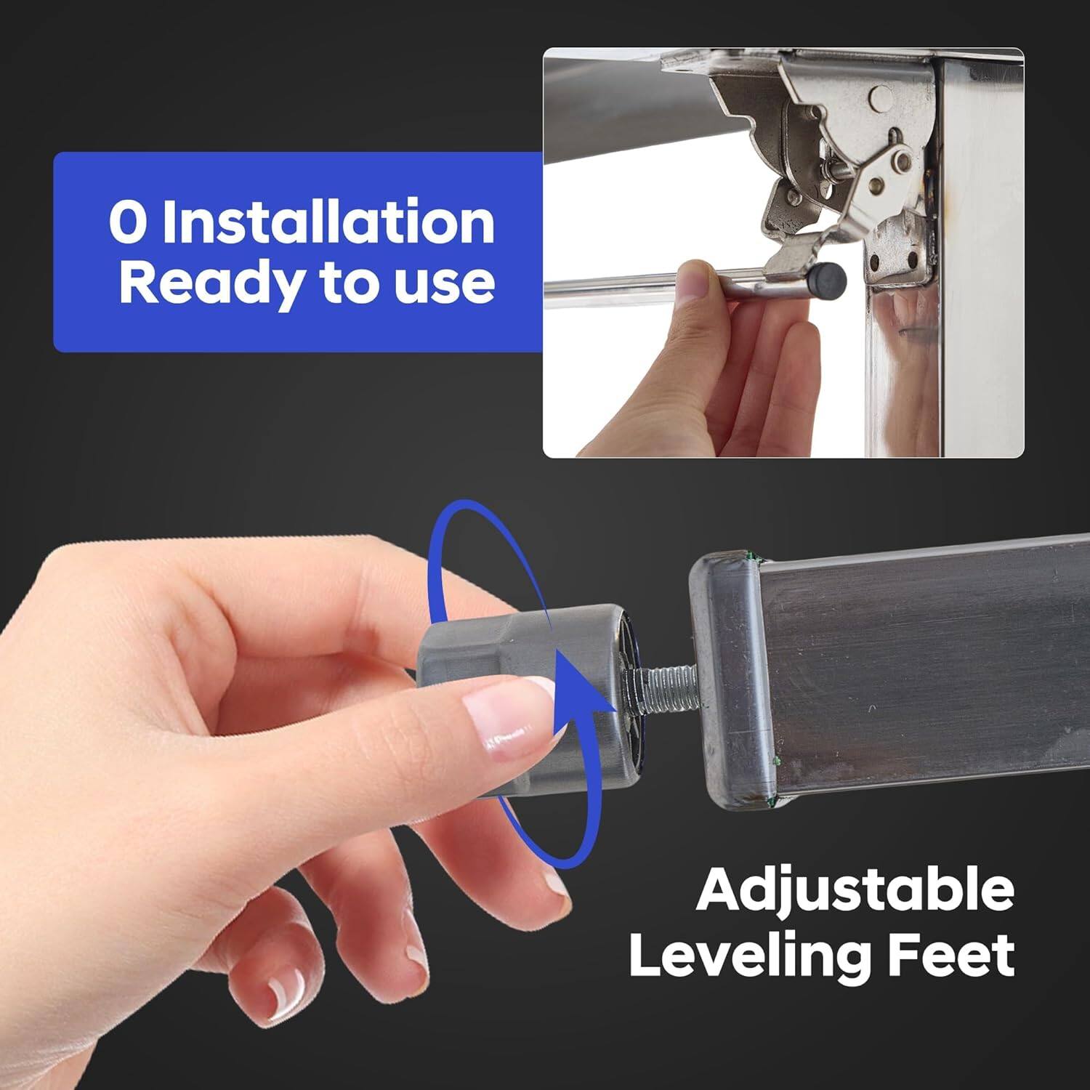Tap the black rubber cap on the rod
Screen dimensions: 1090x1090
[828, 278]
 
